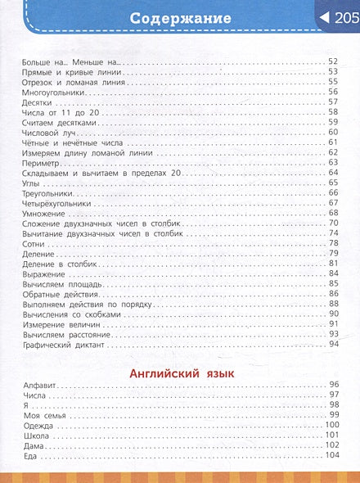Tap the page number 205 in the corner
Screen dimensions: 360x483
[344, 19]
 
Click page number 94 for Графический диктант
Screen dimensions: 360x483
[333, 344]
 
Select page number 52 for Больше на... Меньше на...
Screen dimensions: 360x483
[333, 62]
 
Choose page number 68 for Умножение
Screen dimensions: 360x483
[333, 213]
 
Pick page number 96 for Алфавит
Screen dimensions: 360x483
[333, 384]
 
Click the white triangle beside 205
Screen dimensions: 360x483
[324, 19]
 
